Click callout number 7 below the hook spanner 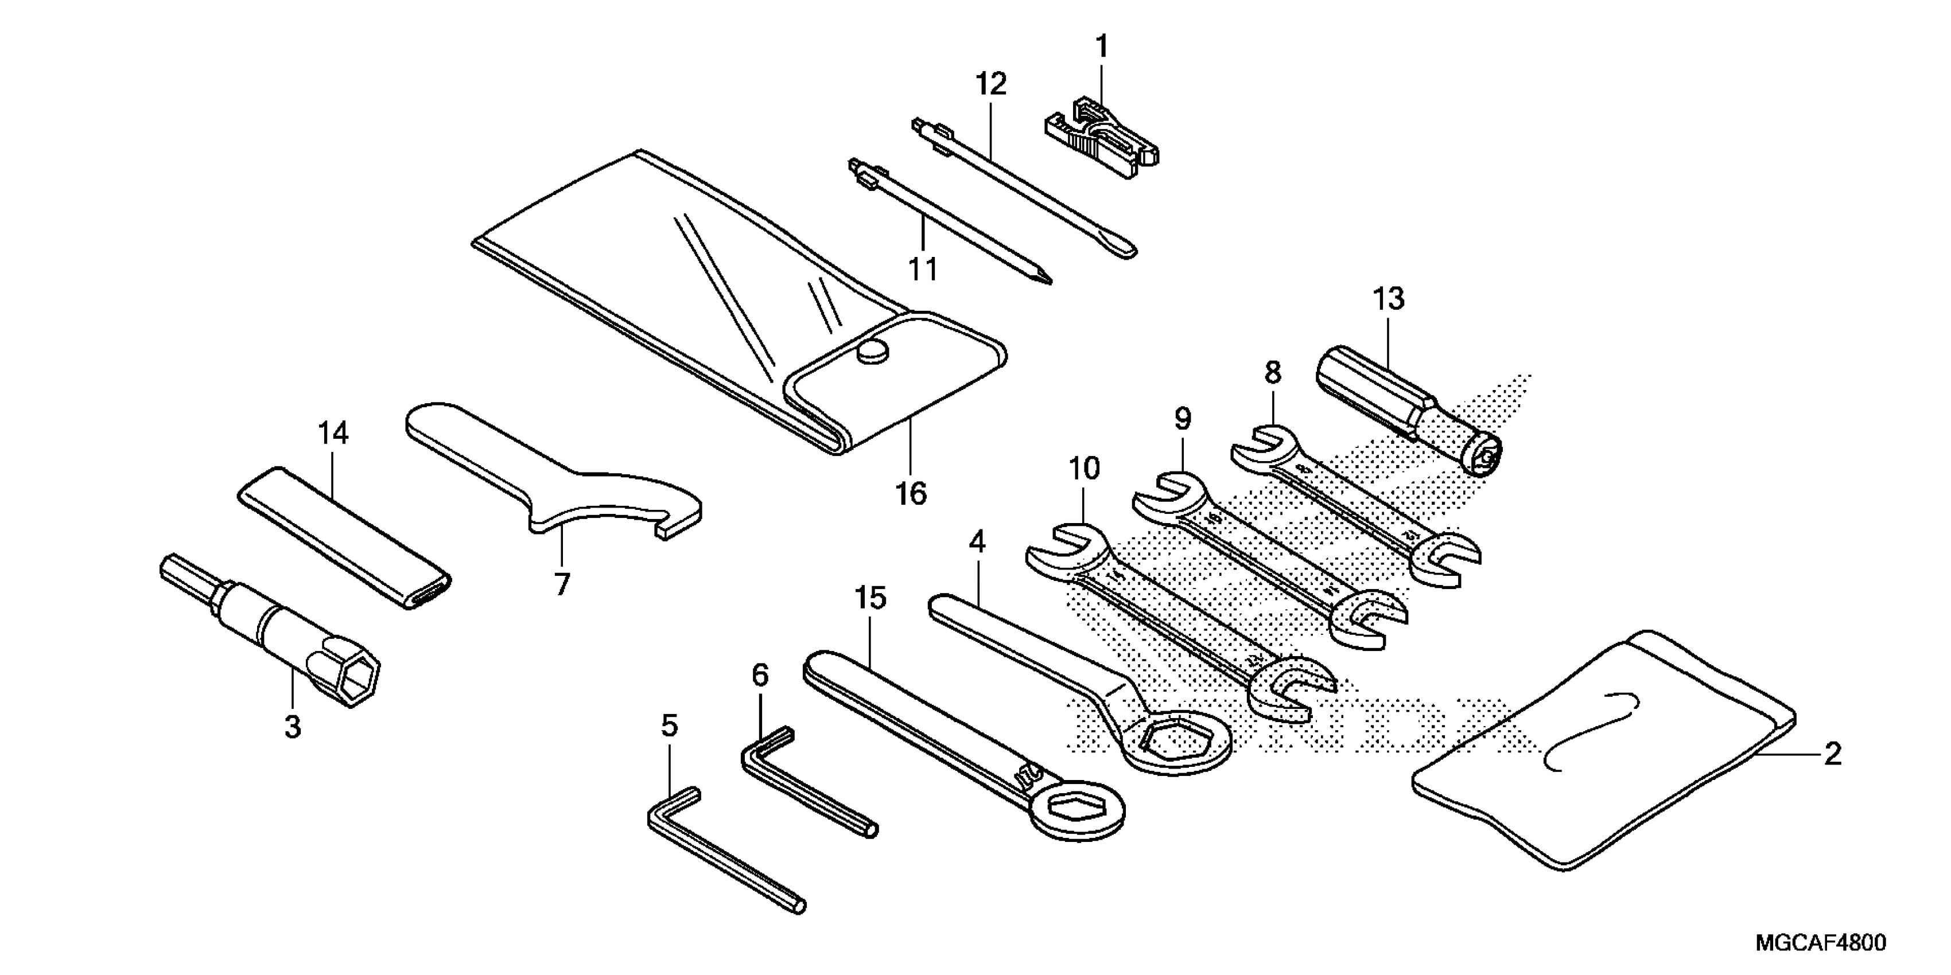point(561,584)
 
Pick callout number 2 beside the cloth point(1832,754)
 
